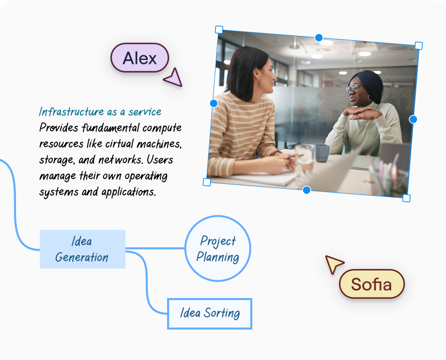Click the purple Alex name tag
pyautogui.click(x=139, y=58)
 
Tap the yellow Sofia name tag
pyautogui.click(x=371, y=284)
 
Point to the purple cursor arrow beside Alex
pyautogui.click(x=173, y=78)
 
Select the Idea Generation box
pyautogui.click(x=82, y=249)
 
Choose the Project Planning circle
pyautogui.click(x=218, y=249)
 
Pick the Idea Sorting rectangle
pyautogui.click(x=210, y=314)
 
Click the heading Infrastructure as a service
pyautogui.click(x=100, y=112)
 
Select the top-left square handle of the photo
pyautogui.click(x=219, y=30)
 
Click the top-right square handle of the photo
pyautogui.click(x=419, y=45)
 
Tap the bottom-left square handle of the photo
pyautogui.click(x=207, y=182)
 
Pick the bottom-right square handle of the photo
pyautogui.click(x=406, y=198)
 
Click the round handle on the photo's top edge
pyautogui.click(x=319, y=37)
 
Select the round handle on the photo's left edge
pyautogui.click(x=214, y=103)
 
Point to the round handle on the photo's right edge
pyautogui.click(x=413, y=119)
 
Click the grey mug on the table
pyautogui.click(x=322, y=152)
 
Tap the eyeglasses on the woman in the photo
pyautogui.click(x=353, y=88)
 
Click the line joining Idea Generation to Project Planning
pyautogui.click(x=155, y=249)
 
